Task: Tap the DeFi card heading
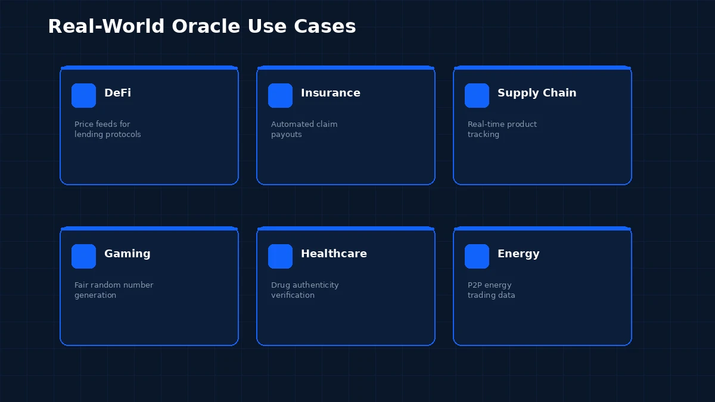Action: tap(117, 93)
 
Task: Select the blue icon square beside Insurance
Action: tap(280, 95)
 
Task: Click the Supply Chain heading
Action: tap(537, 93)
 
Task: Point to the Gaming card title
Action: tap(127, 254)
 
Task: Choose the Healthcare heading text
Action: tap(334, 254)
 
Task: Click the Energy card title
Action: tap(518, 254)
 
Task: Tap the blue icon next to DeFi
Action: tap(83, 95)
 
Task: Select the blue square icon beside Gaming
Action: tap(83, 256)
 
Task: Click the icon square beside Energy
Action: tap(477, 256)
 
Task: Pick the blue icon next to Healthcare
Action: tap(280, 256)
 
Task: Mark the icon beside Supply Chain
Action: tap(477, 95)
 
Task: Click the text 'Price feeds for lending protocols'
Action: tap(107, 129)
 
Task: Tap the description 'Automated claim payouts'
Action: tap(304, 129)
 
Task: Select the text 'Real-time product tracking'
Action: tap(502, 129)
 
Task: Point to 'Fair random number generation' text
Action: tap(113, 290)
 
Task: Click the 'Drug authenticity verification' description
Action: tap(304, 290)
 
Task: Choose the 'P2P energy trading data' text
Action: tap(491, 290)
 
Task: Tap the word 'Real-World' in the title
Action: tap(107, 27)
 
